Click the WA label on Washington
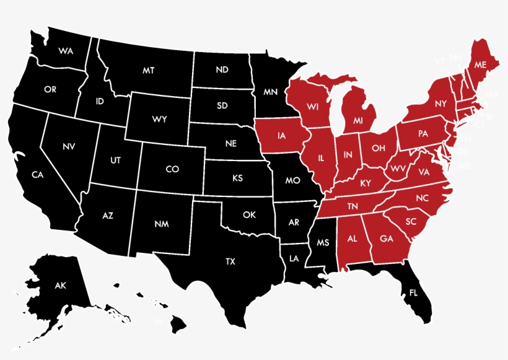pos(66,51)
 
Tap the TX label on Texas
pos(230,261)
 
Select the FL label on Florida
pos(414,292)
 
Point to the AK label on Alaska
pos(60,286)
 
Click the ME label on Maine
pos(480,64)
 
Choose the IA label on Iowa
pos(282,135)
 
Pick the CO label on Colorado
pos(172,169)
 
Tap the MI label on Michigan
pos(358,120)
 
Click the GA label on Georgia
pos(386,238)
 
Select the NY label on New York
pos(440,103)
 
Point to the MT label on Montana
pos(148,71)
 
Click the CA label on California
pos(38,175)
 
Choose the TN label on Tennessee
pos(353,206)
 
